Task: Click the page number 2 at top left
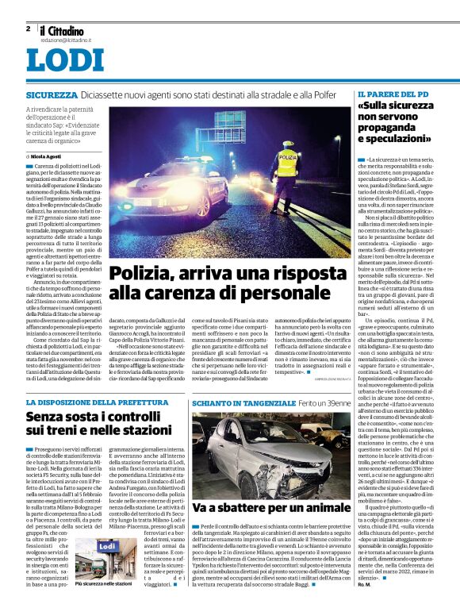point(28,29)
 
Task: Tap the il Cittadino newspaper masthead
point(64,29)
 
